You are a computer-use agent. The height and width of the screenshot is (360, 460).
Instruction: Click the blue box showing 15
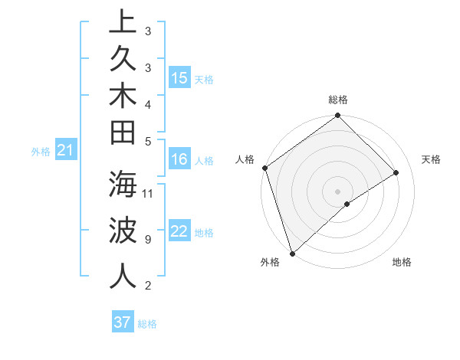tap(179, 78)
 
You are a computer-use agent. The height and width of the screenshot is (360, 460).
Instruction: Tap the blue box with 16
tap(179, 160)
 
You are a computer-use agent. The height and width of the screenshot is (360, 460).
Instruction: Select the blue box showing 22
tap(179, 232)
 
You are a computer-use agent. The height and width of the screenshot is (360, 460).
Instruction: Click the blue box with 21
tap(66, 151)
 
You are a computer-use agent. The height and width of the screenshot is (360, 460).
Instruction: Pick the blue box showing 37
tap(122, 322)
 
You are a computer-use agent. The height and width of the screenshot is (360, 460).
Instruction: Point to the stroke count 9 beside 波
tap(147, 239)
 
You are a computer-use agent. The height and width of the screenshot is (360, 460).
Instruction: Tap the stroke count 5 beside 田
tap(147, 141)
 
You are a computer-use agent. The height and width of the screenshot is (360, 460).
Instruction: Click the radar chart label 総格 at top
tap(338, 100)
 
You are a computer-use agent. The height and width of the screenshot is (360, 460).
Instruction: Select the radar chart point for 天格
tap(396, 172)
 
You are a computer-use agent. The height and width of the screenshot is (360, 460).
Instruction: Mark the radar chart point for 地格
tap(347, 204)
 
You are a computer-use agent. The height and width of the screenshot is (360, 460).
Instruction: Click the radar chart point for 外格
tap(292, 253)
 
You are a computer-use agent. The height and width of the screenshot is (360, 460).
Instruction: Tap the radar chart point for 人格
tap(264, 168)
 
